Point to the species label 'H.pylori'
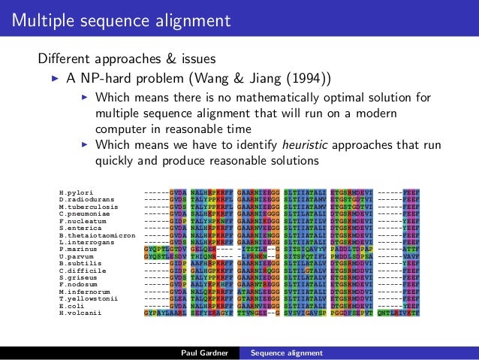[x=73, y=194]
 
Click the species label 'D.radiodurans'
[x=83, y=201]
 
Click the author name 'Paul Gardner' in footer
[x=205, y=352]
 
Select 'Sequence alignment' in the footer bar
[x=286, y=352]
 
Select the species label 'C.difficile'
[x=78, y=271]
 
